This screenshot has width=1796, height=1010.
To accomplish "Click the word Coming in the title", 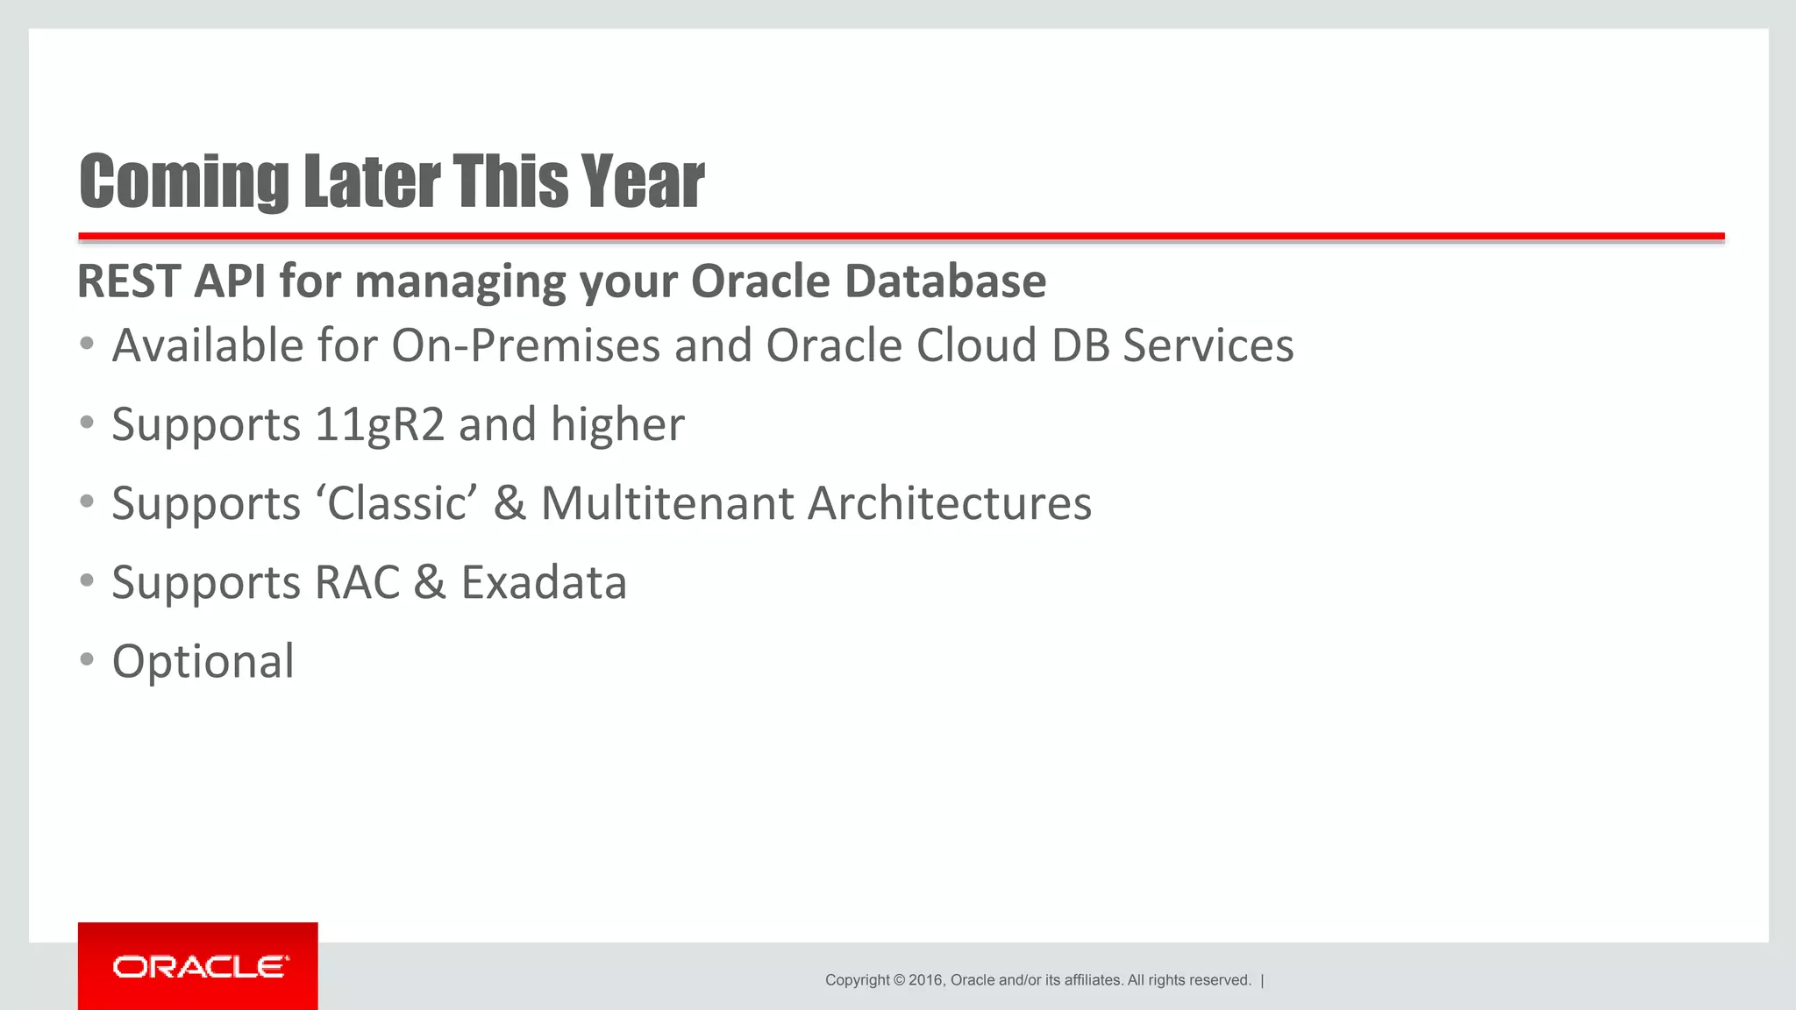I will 183,181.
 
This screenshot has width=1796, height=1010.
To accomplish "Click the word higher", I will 617,425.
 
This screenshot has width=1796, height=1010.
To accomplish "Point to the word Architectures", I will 949,504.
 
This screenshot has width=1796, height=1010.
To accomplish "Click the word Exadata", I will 544,583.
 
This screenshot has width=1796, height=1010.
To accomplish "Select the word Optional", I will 203,662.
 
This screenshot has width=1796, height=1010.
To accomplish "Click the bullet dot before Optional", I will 86,659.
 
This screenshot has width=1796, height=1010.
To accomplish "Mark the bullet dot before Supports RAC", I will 86,580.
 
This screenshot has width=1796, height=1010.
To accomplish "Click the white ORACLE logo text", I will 200,967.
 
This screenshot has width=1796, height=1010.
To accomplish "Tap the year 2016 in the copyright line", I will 925,980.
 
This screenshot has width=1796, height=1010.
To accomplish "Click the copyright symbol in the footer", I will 898,980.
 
